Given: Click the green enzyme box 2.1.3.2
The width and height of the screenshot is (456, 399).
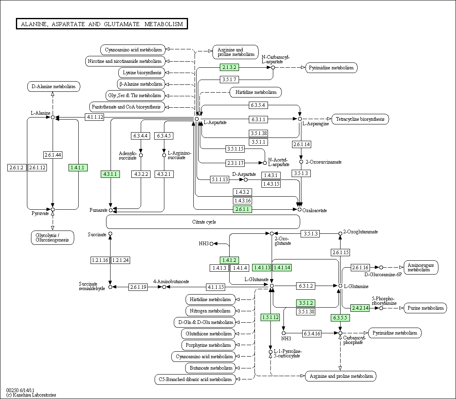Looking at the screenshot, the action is point(229,67).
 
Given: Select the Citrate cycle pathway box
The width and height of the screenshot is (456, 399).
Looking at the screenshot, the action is point(203,222).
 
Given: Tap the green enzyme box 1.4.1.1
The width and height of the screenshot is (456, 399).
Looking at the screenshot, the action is point(77,168).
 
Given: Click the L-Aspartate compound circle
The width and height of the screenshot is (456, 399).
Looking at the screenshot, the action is point(197,119).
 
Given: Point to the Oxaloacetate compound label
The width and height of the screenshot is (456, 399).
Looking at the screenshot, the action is point(314,210).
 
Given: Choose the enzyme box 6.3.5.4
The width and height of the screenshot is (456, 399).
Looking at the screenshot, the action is point(258,105).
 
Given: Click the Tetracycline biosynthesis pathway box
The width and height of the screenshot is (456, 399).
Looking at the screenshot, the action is point(360,119).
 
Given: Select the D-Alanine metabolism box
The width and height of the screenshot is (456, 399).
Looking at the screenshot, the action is point(53,86).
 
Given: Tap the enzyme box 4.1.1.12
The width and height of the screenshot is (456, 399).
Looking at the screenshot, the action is point(95,117).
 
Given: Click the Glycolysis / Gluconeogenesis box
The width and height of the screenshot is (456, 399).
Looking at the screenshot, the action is point(52,237).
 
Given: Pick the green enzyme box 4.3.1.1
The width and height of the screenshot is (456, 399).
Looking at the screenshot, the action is point(110,174).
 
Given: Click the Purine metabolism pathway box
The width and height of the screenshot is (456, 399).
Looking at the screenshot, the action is point(425,308).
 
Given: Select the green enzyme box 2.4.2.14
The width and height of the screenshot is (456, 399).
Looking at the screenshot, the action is point(360,308).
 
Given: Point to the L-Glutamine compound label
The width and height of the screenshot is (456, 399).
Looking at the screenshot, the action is point(356,286).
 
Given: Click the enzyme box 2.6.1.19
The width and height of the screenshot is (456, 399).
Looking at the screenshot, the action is point(138,287).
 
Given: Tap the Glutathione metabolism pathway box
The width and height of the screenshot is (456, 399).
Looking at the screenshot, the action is point(208,334).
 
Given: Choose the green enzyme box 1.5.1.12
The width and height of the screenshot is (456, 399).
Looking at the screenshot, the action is point(270,317).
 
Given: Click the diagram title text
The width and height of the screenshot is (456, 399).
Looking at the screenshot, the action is point(102,24).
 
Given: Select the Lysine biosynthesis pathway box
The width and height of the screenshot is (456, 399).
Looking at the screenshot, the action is point(142,73).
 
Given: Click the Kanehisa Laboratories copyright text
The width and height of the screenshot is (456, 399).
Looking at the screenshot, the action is point(31,395).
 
